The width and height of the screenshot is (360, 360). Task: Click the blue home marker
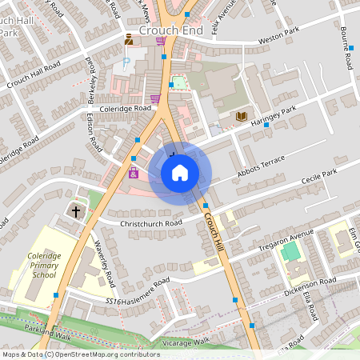coord(180,173)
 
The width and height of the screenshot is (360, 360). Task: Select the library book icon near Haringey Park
coord(241,117)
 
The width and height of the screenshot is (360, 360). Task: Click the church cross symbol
coord(76,212)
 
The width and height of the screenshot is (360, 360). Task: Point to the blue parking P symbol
coord(126,62)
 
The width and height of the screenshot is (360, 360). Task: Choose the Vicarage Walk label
coord(185,341)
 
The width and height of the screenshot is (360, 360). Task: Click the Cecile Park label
coord(319,174)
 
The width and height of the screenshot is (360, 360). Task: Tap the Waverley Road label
coord(106,263)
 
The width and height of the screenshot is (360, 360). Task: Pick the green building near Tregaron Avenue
coord(291,252)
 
